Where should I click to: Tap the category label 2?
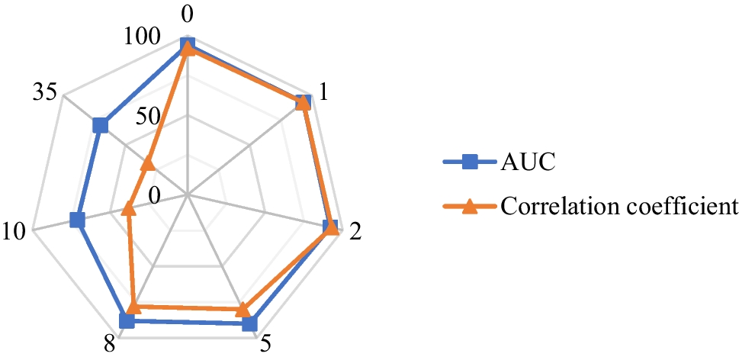tap(354, 232)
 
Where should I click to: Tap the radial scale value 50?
tap(150, 116)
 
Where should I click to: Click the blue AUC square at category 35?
tap(100, 125)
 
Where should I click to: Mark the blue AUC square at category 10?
tap(77, 220)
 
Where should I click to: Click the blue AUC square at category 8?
tap(127, 321)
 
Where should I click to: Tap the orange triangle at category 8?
tap(133, 307)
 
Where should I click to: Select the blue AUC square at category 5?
tap(249, 323)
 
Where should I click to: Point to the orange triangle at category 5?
tap(243, 309)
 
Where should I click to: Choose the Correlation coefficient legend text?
tap(619, 206)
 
